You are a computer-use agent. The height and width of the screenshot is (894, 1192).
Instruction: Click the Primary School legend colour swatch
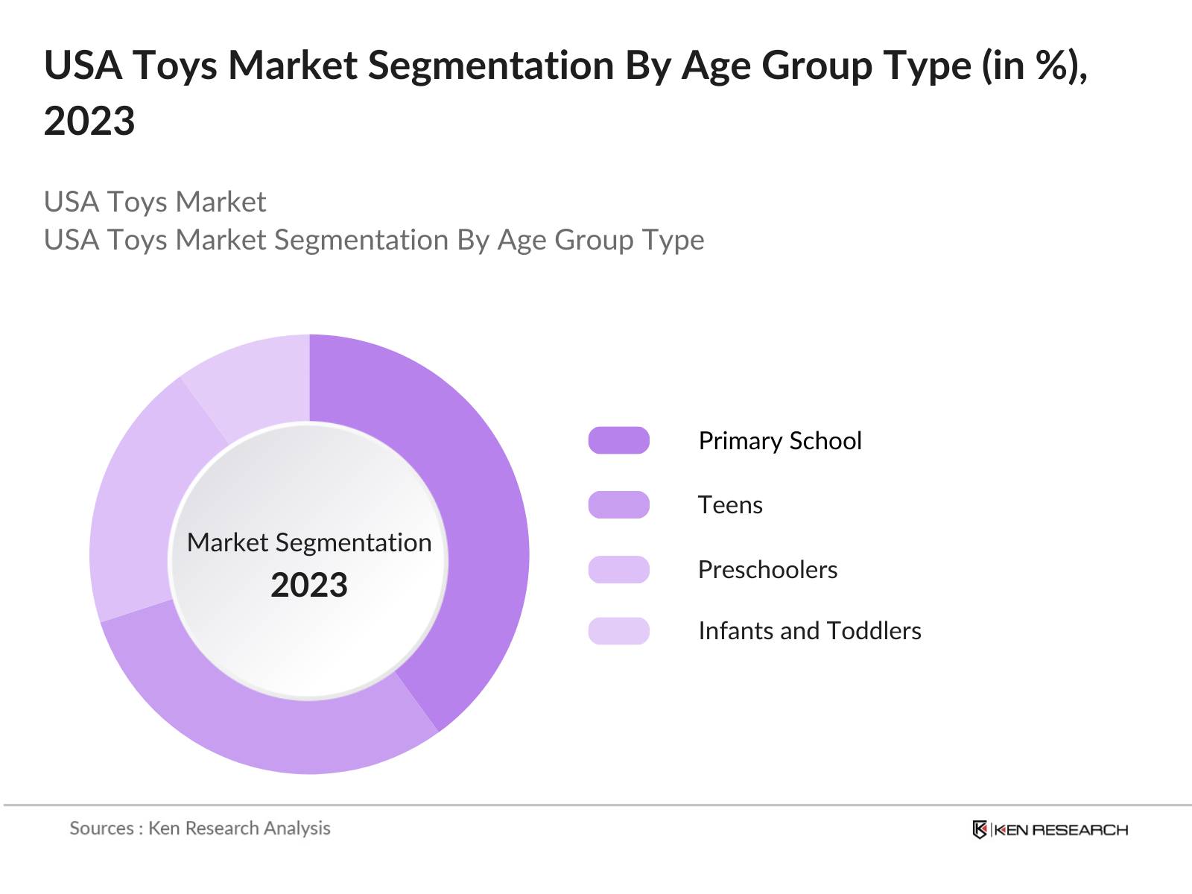pyautogui.click(x=618, y=440)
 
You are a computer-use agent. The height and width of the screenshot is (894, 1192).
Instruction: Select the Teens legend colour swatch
pyautogui.click(x=618, y=504)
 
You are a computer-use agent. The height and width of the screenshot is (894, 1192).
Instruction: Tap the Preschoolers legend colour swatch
pyautogui.click(x=618, y=569)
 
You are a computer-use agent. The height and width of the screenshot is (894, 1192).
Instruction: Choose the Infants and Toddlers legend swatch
pyautogui.click(x=618, y=630)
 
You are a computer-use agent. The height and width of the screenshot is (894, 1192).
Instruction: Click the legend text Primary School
pyautogui.click(x=780, y=441)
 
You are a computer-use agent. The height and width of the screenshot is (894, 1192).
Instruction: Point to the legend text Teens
pyautogui.click(x=730, y=505)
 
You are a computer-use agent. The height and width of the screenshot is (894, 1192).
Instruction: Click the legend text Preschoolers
pyautogui.click(x=767, y=570)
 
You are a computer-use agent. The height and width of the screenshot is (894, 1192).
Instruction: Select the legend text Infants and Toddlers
pyautogui.click(x=810, y=631)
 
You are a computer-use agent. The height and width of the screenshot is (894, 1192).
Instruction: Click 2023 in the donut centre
pyautogui.click(x=309, y=586)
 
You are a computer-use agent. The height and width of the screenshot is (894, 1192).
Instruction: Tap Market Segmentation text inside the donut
pyautogui.click(x=309, y=542)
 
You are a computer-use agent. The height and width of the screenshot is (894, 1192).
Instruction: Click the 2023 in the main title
pyautogui.click(x=89, y=121)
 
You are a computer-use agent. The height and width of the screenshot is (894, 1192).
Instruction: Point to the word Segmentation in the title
pyautogui.click(x=492, y=66)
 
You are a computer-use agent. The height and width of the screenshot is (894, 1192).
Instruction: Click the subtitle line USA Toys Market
pyautogui.click(x=155, y=202)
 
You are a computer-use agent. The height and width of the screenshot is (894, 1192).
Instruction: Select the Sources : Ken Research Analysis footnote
pyautogui.click(x=200, y=828)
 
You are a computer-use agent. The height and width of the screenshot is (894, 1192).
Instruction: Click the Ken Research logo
pyautogui.click(x=1050, y=830)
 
